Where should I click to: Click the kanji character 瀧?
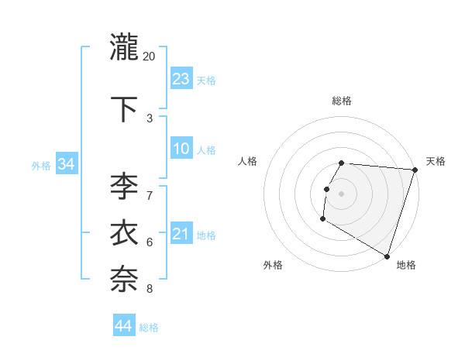click(x=125, y=48)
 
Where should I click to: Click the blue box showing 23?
click(x=181, y=78)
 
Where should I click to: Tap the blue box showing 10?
click(x=181, y=149)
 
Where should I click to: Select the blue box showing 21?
click(x=181, y=234)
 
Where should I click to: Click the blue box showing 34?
click(x=67, y=164)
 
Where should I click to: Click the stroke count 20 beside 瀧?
click(x=149, y=57)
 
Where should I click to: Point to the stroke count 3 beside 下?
click(x=150, y=118)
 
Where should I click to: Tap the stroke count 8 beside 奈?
click(x=150, y=289)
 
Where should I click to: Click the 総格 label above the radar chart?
click(x=342, y=101)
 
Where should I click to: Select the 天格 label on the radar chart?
click(x=436, y=161)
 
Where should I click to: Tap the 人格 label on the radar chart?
click(x=248, y=161)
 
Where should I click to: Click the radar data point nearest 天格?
click(x=415, y=170)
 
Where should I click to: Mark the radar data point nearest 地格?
click(x=387, y=256)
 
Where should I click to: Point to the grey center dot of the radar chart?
click(x=342, y=194)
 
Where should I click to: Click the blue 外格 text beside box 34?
click(x=41, y=165)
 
